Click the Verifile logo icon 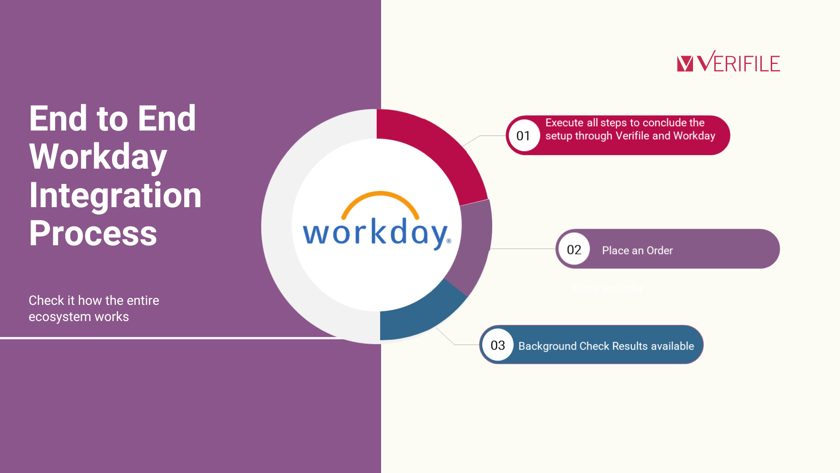[685, 64]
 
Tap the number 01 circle [524, 135]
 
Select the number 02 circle [574, 249]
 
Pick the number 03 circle [498, 345]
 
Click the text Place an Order [637, 251]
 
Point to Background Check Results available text [606, 346]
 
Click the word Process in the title [93, 233]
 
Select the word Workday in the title [98, 156]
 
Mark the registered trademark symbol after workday [449, 241]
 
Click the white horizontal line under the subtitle [175, 338]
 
